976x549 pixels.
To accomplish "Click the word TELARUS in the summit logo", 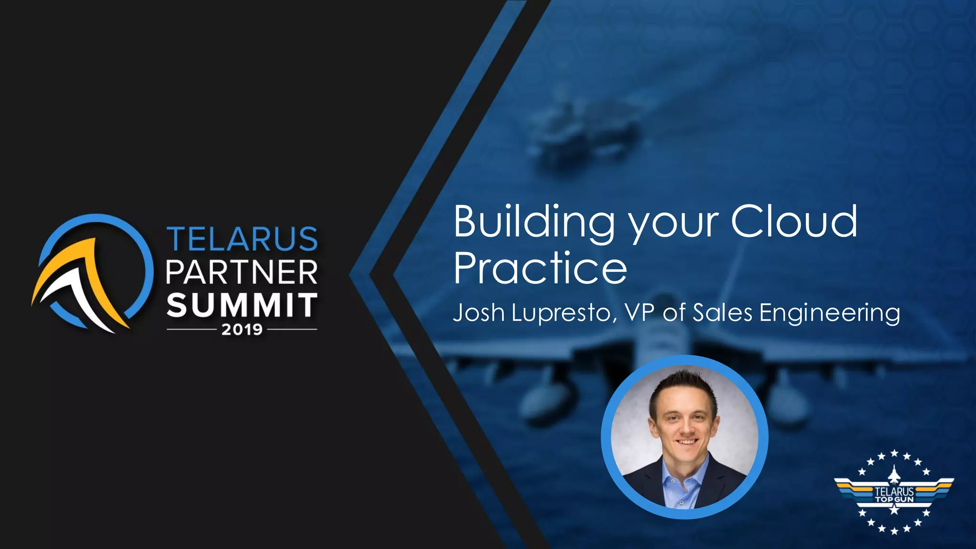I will [242, 239].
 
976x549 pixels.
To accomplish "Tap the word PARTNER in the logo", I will [242, 273].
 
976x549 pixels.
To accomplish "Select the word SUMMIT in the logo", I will [242, 305].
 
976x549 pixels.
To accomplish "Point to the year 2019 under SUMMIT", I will [242, 329].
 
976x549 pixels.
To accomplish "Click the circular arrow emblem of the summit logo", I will [93, 273].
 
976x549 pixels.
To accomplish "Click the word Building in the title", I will [534, 222].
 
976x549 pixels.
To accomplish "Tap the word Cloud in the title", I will [794, 221].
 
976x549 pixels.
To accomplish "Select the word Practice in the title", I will [540, 268].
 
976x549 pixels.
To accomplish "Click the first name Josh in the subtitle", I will [478, 313].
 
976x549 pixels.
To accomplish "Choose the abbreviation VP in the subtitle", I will [639, 313].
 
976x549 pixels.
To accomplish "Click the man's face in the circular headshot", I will [684, 419].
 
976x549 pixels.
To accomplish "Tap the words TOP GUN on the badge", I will [894, 499].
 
